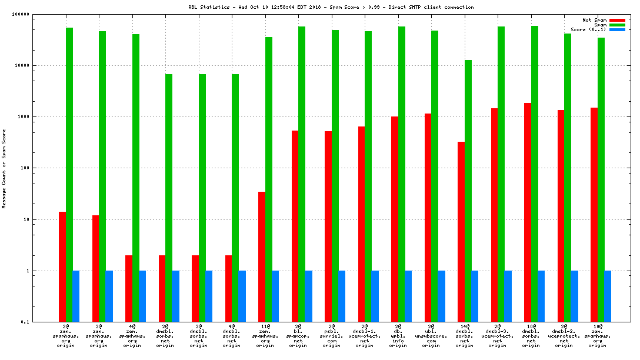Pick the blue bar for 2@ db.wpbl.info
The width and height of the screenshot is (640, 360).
click(x=408, y=296)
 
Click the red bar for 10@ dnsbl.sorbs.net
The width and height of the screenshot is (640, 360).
click(x=528, y=212)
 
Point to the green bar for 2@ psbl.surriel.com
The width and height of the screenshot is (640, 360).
click(x=335, y=176)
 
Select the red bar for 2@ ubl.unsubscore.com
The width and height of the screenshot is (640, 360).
click(x=428, y=218)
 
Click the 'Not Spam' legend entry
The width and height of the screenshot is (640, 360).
click(x=594, y=20)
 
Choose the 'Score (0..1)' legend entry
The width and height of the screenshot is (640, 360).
click(x=588, y=29)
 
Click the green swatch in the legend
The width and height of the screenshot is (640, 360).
click(x=617, y=25)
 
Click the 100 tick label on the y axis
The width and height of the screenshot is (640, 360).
click(x=24, y=168)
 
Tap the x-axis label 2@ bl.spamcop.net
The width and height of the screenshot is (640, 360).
click(x=298, y=335)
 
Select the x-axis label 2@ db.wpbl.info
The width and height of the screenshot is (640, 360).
click(x=398, y=335)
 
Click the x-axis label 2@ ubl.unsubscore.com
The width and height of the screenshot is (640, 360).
click(x=431, y=335)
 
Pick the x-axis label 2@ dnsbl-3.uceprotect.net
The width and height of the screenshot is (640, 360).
click(x=498, y=335)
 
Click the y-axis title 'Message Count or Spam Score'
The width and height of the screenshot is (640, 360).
click(x=4, y=169)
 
